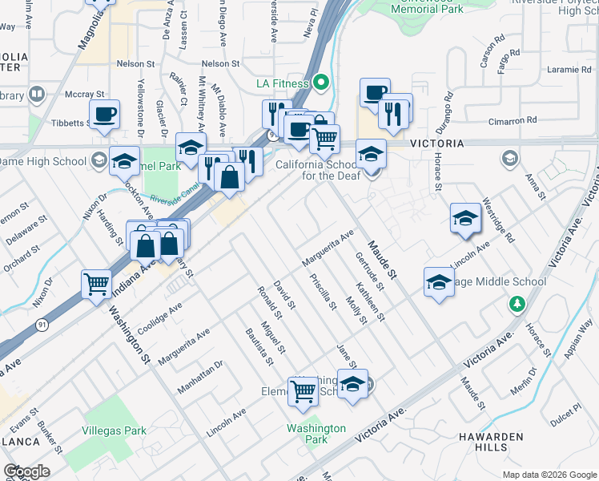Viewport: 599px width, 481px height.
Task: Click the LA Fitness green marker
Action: tap(321, 83)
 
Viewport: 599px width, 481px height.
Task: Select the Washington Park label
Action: tap(317, 434)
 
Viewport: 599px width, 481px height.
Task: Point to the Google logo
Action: tap(26, 471)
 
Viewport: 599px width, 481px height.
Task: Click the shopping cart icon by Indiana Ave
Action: tap(96, 283)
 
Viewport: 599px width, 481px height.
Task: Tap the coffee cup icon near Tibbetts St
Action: tap(104, 114)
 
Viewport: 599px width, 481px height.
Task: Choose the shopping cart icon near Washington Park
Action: tap(304, 390)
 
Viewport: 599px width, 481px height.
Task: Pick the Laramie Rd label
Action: tap(570, 70)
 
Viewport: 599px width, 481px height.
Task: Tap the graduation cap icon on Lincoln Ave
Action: tap(465, 217)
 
